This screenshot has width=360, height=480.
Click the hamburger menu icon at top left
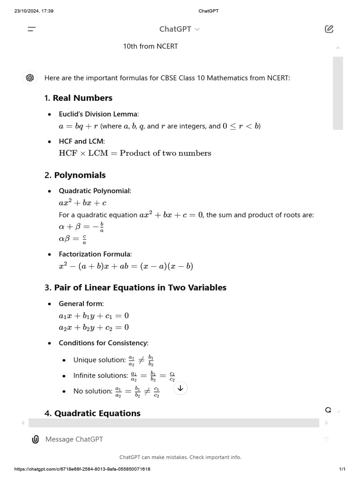[32, 29]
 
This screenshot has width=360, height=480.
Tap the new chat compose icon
[329, 29]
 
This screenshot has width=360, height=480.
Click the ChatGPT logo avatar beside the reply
[30, 78]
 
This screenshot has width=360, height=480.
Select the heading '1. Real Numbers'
[78, 98]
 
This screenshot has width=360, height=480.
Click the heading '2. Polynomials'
[75, 175]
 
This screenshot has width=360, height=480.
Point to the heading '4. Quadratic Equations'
[92, 413]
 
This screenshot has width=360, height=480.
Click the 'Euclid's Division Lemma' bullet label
[98, 114]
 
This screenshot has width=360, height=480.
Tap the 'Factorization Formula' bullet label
[95, 254]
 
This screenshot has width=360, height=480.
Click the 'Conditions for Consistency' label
[104, 343]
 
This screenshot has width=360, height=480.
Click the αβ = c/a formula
[73, 240]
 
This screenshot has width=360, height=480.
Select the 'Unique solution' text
[99, 360]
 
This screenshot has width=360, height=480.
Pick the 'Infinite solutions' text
[100, 375]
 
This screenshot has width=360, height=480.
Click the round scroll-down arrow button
[180, 388]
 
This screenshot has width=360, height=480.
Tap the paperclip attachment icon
[35, 439]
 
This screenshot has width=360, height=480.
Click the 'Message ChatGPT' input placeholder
[74, 439]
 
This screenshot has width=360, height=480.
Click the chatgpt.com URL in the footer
[82, 469]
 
